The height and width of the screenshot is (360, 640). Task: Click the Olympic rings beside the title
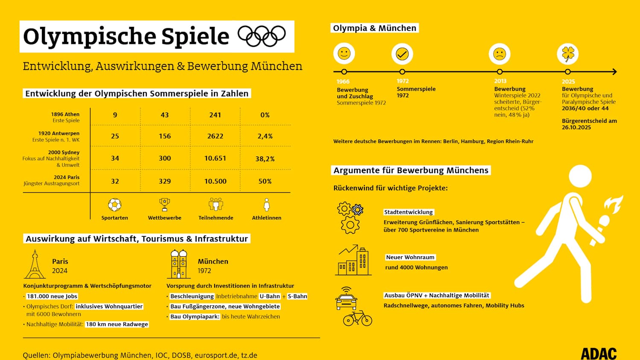tap(262, 36)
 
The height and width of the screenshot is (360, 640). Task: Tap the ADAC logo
tap(599, 354)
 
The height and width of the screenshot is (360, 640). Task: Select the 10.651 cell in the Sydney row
tap(215, 158)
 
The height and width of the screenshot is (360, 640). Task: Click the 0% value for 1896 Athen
tap(265, 115)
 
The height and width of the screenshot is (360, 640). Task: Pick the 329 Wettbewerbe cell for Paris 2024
tap(165, 181)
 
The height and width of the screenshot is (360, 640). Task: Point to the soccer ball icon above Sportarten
tap(114, 205)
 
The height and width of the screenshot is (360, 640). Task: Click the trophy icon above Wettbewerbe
tap(164, 204)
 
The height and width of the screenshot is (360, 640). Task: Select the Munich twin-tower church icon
tap(179, 264)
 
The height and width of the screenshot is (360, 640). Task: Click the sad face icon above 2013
tap(499, 54)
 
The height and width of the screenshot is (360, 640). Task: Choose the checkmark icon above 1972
tap(402, 54)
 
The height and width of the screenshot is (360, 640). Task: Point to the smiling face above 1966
tap(344, 53)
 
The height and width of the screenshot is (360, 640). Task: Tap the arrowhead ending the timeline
tap(615, 72)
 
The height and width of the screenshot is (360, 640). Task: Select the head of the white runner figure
tap(580, 176)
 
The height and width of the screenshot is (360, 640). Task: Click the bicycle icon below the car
tap(358, 318)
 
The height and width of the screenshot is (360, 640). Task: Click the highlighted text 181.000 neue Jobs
tap(52, 296)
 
